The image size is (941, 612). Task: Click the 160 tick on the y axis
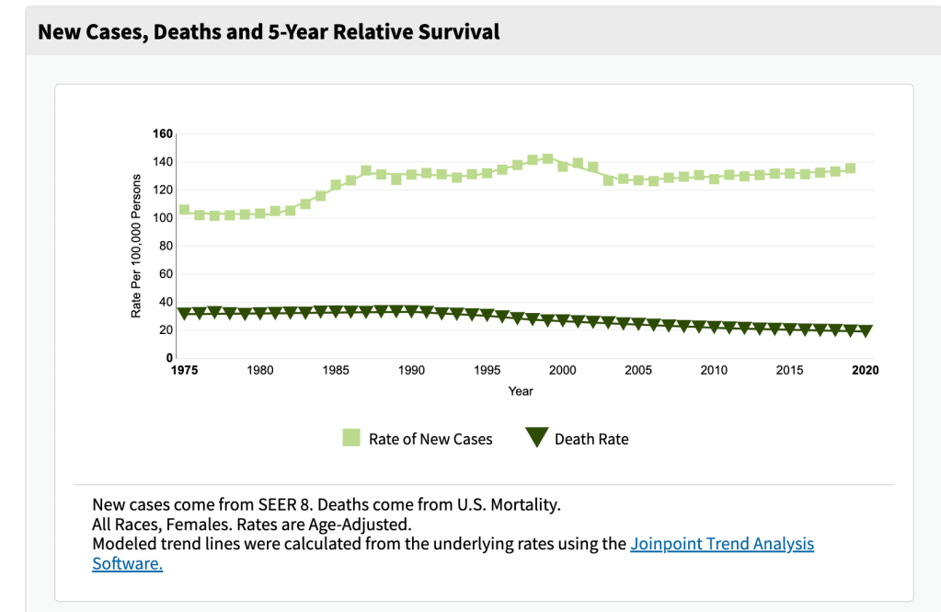tap(163, 134)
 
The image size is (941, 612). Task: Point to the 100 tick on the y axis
tap(163, 218)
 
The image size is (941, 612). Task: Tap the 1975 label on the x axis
tap(184, 370)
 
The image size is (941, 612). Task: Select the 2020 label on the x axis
tap(865, 370)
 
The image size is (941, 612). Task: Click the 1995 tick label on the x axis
tap(487, 370)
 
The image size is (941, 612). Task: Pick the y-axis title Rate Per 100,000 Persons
tap(136, 246)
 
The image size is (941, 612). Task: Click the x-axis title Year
tap(521, 391)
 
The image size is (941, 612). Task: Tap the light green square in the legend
tap(351, 438)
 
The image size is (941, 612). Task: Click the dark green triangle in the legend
tap(536, 438)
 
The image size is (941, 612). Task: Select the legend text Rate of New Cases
tap(430, 439)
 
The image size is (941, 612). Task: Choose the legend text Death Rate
tap(591, 439)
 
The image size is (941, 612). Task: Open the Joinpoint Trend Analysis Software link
tap(722, 544)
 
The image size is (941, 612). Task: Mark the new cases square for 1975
tap(184, 210)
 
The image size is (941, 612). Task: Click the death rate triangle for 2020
tap(865, 331)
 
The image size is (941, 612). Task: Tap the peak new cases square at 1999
tap(547, 158)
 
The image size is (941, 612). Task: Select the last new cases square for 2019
tap(850, 168)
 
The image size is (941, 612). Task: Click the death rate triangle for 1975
tap(184, 314)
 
